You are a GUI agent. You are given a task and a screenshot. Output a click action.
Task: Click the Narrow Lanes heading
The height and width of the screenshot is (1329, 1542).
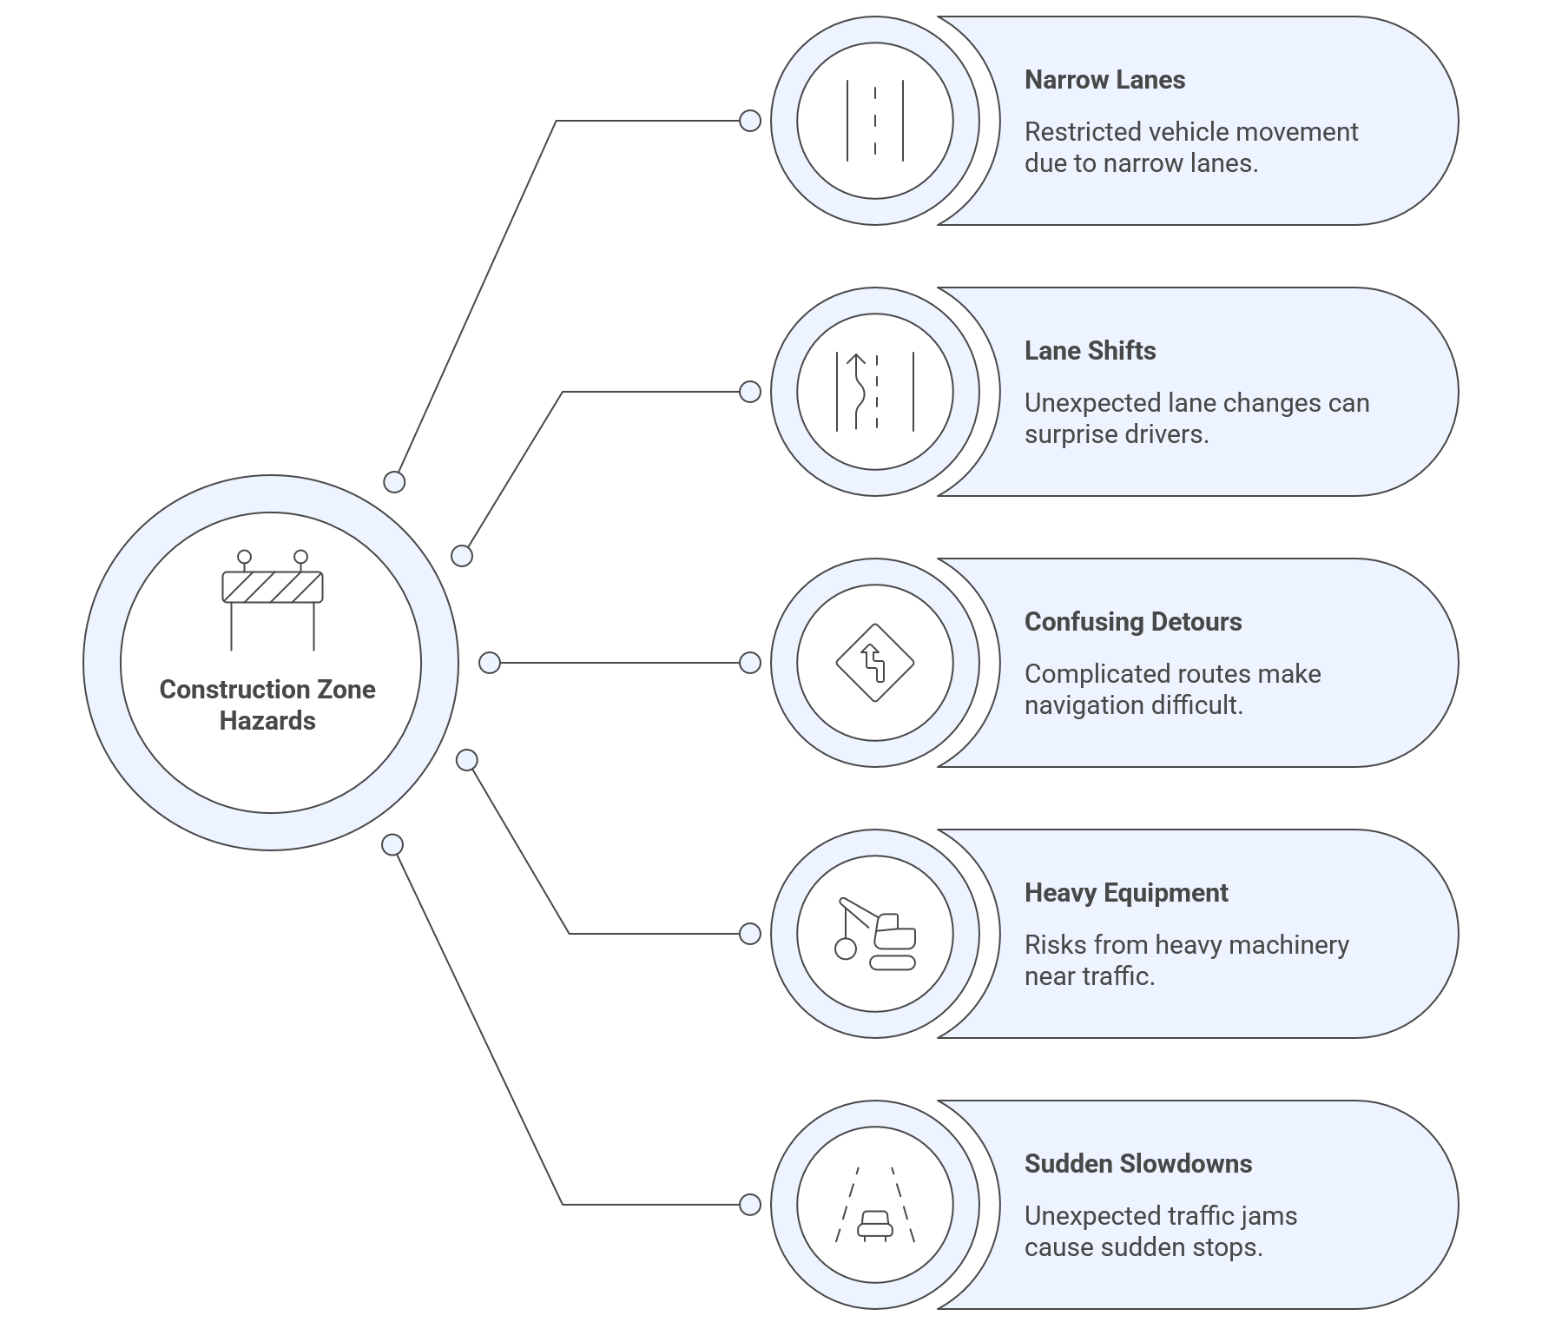coord(1104,80)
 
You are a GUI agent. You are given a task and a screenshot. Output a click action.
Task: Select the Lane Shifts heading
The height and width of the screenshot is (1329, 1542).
coord(1090,351)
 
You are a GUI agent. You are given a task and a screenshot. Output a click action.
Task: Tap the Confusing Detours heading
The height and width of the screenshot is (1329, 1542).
coord(1132,622)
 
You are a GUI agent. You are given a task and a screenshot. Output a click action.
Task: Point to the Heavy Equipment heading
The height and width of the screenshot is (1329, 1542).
coord(1125,893)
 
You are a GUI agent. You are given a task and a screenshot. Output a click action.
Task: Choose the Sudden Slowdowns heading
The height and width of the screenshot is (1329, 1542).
coord(1137,1164)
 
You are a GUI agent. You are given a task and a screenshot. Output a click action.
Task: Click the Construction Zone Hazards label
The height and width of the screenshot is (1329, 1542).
coord(267,704)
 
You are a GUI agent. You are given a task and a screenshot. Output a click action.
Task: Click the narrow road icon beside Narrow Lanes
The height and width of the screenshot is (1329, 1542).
coord(875,121)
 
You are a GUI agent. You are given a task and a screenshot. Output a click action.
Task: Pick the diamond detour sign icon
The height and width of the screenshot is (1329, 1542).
coord(875,663)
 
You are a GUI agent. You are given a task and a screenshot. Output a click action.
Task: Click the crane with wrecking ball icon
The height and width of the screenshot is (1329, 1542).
coord(875,935)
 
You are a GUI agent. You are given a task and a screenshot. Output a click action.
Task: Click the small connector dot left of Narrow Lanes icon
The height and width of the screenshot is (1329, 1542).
coord(750,121)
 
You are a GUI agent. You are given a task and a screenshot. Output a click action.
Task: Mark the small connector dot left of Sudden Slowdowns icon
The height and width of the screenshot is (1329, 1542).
coord(750,1205)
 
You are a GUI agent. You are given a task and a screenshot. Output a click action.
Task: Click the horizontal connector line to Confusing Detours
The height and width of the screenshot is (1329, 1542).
coord(620,663)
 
